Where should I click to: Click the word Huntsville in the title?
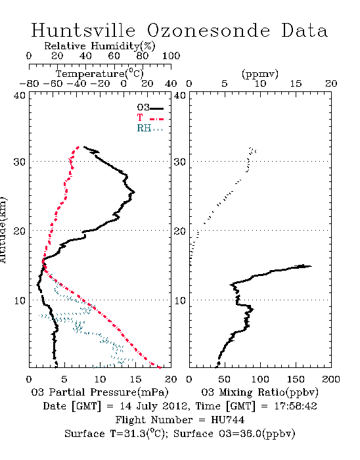pyautogui.click(x=83, y=30)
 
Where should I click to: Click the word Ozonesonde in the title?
pyautogui.click(x=208, y=30)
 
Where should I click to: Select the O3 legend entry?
pyautogui.click(x=150, y=108)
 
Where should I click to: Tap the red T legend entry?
pyautogui.click(x=150, y=118)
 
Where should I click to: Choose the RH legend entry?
pyautogui.click(x=150, y=128)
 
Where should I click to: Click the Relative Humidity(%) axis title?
pyautogui.click(x=100, y=46)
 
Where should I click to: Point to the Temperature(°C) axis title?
pyautogui.click(x=100, y=74)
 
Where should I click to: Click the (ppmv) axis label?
pyautogui.click(x=260, y=74)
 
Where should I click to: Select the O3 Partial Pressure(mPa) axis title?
pyautogui.click(x=100, y=392)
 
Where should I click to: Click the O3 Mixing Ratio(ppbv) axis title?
pyautogui.click(x=259, y=392)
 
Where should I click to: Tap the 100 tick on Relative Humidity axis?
pyautogui.click(x=171, y=56)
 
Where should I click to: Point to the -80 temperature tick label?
pyautogui.click(x=29, y=84)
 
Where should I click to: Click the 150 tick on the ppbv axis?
pyautogui.click(x=296, y=379)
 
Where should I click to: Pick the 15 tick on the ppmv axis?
pyautogui.click(x=296, y=84)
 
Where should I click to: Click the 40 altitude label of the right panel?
pyautogui.click(x=180, y=95)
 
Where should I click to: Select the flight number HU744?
pyautogui.click(x=227, y=420)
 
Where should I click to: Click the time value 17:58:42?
pyautogui.click(x=296, y=406)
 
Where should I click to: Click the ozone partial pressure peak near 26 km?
pyautogui.click(x=134, y=192)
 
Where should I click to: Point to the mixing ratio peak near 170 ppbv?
pyautogui.click(x=311, y=266)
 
